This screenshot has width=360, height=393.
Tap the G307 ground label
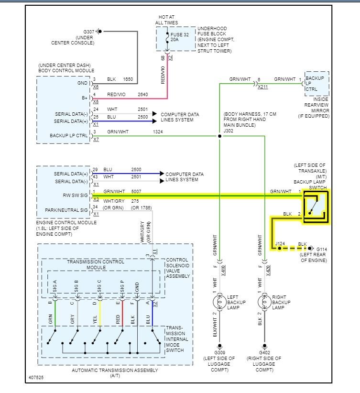pyautogui.click(x=88, y=32)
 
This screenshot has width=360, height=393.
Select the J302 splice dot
pyautogui.click(x=220, y=136)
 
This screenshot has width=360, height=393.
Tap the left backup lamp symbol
pyautogui.click(x=220, y=302)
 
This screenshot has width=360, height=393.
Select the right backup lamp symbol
pyautogui.click(x=264, y=302)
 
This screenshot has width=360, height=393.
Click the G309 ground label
pyautogui.click(x=220, y=352)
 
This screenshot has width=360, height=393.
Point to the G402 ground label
pyautogui.click(x=264, y=352)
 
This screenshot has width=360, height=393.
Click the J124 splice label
pyautogui.click(x=281, y=244)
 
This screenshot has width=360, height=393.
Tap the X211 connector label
pyautogui.click(x=263, y=87)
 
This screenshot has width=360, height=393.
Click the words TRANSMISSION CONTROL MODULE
pyautogui.click(x=96, y=264)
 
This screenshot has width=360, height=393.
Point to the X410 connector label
pyautogui.click(x=224, y=270)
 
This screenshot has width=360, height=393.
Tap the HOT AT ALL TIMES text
pyautogui.click(x=166, y=20)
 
